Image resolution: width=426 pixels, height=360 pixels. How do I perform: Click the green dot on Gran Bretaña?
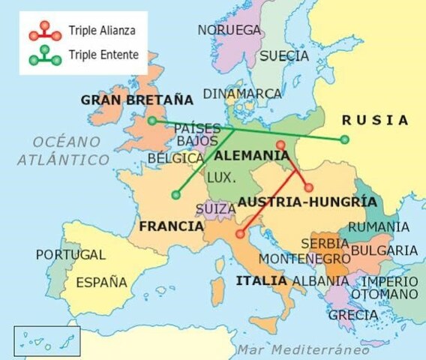pyautogui.click(x=152, y=120)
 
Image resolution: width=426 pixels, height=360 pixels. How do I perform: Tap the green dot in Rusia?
pyautogui.click(x=344, y=139)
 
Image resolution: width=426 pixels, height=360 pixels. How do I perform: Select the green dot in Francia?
pyautogui.click(x=175, y=195)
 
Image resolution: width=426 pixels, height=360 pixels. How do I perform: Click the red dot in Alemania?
pyautogui.click(x=280, y=145)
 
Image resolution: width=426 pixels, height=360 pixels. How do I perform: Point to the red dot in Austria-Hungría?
pyautogui.click(x=307, y=187)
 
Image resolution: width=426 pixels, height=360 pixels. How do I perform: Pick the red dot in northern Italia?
pyautogui.click(x=239, y=234)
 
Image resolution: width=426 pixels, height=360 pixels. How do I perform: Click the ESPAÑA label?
pyautogui.click(x=102, y=283)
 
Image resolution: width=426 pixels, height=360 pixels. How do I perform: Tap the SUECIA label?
pyautogui.click(x=283, y=55)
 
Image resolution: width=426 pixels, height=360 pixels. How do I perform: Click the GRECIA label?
pyautogui.click(x=352, y=315)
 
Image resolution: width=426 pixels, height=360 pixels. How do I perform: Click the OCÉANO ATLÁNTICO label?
pyautogui.click(x=63, y=150)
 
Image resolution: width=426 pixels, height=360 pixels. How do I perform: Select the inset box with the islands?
pyautogui.click(x=46, y=341)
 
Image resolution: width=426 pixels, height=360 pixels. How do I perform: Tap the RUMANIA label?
pyautogui.click(x=379, y=227)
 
